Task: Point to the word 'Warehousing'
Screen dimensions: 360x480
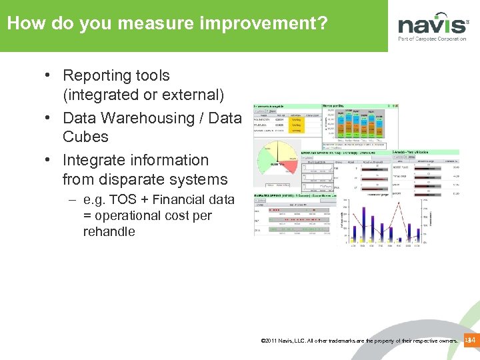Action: point(155,118)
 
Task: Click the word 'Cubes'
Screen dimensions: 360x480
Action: point(85,137)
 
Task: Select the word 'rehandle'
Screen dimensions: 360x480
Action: point(109,232)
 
